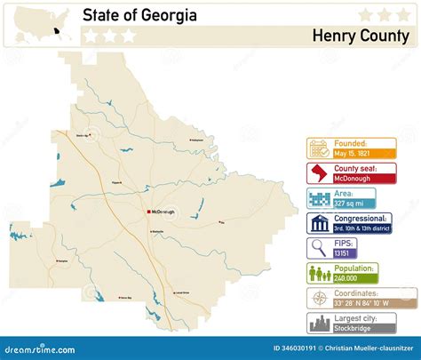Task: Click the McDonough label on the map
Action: coord(164,212)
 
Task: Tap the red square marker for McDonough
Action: coord(148,212)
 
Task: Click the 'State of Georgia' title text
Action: coord(139,15)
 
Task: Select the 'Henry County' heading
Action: coord(361,36)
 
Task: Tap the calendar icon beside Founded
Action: coord(319,147)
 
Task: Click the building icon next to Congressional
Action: coord(319,222)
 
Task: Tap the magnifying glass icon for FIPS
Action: coord(319,247)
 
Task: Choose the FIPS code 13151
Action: coord(342,253)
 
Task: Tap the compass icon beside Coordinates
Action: coord(319,298)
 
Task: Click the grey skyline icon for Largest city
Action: coord(319,323)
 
